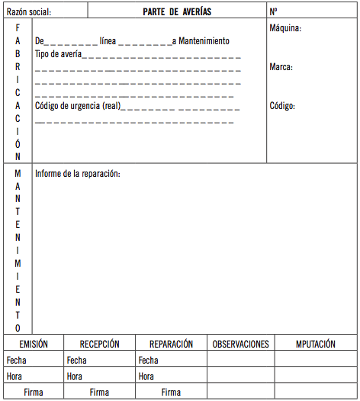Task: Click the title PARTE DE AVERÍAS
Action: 177,12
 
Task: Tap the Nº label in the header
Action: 273,12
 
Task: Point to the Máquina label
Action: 286,28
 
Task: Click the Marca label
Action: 281,67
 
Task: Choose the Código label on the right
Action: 282,106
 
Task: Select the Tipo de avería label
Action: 58,54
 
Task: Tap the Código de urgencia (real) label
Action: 78,106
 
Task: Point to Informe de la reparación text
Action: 77,174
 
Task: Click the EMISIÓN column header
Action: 34,344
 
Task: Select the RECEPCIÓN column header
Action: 99,344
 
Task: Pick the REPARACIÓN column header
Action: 171,344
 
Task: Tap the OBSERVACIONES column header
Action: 240,344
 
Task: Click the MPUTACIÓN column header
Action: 316,344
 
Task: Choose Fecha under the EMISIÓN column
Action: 15,360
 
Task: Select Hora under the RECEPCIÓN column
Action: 75,376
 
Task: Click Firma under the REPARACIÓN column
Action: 171,392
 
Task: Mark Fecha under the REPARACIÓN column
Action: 148,360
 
